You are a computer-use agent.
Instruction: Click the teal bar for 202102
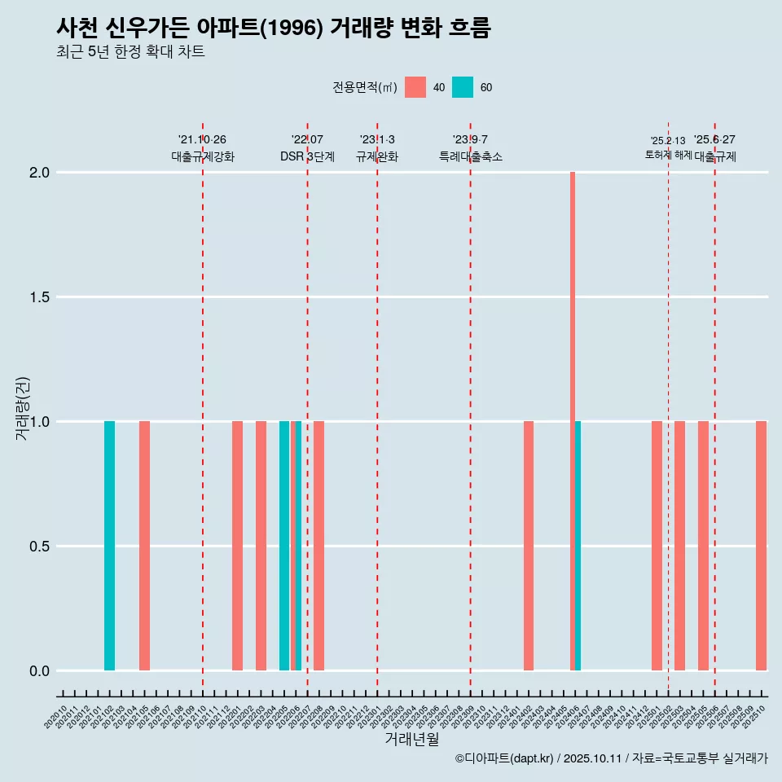109,546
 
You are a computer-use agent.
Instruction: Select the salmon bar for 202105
144,546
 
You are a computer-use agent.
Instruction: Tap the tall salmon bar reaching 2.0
573,420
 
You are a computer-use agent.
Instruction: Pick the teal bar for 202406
578,546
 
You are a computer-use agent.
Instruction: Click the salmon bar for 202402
529,546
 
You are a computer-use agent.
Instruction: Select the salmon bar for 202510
761,546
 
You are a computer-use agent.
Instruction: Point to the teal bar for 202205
284,546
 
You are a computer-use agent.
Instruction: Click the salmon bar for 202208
319,546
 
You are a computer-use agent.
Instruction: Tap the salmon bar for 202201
238,546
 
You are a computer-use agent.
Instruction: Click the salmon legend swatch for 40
415,87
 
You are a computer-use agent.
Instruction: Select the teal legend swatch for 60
463,87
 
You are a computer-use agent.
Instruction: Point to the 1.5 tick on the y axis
39,297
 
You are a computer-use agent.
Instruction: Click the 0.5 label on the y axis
39,547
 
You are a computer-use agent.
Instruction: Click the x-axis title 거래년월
411,740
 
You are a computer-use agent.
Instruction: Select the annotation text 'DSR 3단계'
307,157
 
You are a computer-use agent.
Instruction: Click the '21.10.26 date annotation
202,140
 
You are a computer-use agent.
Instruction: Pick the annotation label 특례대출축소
470,157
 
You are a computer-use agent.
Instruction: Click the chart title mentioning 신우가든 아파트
274,28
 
